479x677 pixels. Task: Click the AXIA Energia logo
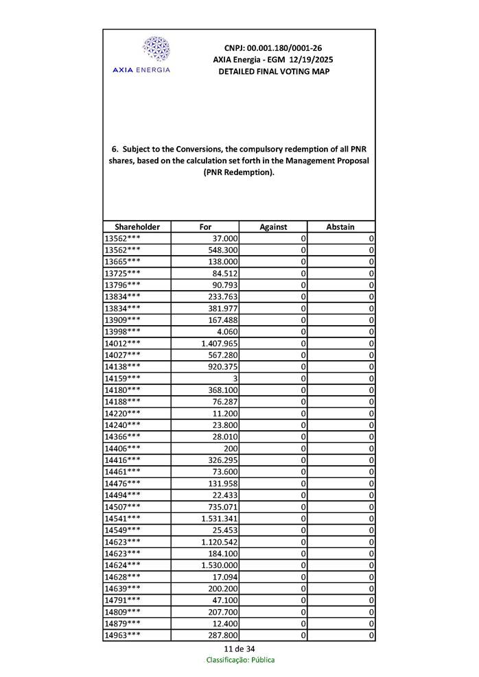[x=155, y=55]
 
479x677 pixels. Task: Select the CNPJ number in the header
[x=272, y=48]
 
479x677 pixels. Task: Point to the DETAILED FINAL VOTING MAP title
[x=273, y=71]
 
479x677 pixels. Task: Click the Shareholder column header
[x=137, y=227]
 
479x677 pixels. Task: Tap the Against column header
[x=273, y=227]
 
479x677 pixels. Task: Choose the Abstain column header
[x=340, y=227]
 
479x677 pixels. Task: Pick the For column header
[x=205, y=227]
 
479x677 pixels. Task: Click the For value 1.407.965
[x=219, y=343]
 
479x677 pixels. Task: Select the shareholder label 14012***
[x=123, y=343]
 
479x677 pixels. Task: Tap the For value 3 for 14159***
[x=235, y=378]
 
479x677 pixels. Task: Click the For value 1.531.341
[x=219, y=519]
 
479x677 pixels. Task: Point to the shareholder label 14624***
[x=123, y=565]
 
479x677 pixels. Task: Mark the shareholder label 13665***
[x=123, y=261]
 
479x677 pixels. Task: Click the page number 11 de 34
[x=239, y=649]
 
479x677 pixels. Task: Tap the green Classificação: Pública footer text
[x=240, y=660]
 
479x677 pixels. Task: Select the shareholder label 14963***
[x=123, y=636]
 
